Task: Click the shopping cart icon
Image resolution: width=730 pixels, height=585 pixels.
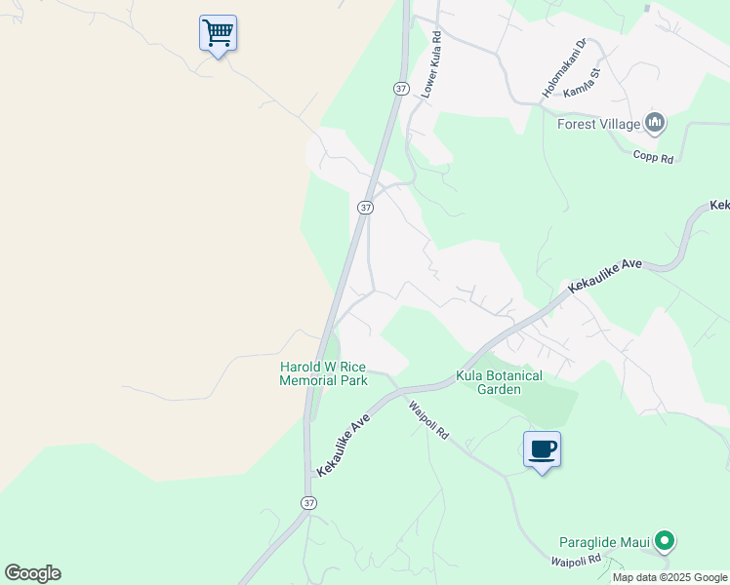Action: [x=218, y=33]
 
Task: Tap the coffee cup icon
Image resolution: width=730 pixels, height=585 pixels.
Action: [x=542, y=449]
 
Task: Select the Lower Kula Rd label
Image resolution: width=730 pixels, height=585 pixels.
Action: [x=431, y=65]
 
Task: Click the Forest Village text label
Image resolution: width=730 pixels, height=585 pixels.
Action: [x=598, y=124]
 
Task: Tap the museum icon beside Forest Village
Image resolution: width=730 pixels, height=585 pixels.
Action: [x=655, y=123]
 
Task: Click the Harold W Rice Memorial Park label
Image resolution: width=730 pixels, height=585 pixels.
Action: [x=323, y=373]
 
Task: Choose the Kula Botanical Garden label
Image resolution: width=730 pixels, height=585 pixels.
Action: [x=499, y=381]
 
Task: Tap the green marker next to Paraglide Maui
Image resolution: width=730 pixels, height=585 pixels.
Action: [x=665, y=540]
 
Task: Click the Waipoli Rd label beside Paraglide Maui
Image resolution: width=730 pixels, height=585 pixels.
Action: [x=574, y=563]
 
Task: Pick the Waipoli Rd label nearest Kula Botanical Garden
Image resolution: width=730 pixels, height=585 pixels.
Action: [x=427, y=421]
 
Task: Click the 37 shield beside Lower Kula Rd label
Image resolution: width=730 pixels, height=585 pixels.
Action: [x=401, y=88]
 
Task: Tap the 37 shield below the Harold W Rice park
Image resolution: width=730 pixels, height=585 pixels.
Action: [x=308, y=502]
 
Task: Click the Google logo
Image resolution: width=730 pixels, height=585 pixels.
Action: [x=32, y=573]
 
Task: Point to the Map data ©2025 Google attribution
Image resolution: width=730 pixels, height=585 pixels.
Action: [x=669, y=577]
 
